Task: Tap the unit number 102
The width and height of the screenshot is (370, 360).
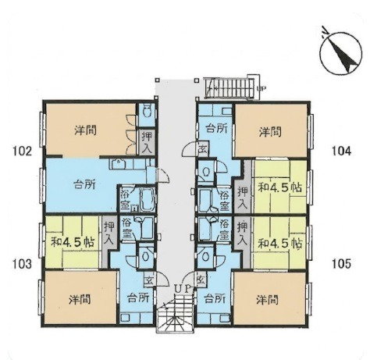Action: (x=22, y=151)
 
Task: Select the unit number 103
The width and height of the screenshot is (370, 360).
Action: (x=22, y=265)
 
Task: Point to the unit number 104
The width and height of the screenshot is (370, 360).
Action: (x=341, y=151)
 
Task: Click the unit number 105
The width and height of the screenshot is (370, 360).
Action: (x=341, y=264)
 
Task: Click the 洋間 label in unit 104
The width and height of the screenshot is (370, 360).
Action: (x=270, y=132)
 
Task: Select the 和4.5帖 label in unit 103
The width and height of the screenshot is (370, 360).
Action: (x=73, y=242)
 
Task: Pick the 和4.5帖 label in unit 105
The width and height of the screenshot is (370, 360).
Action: (x=280, y=244)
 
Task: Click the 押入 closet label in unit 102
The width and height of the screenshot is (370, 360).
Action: (x=147, y=142)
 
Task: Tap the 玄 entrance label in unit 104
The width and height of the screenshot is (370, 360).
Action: (x=201, y=150)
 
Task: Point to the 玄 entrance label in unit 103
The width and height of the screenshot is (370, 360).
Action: (x=149, y=281)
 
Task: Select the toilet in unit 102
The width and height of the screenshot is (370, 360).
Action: (x=148, y=111)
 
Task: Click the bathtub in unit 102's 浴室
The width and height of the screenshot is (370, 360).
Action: (x=148, y=199)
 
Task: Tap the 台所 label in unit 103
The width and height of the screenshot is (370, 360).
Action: (x=138, y=298)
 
